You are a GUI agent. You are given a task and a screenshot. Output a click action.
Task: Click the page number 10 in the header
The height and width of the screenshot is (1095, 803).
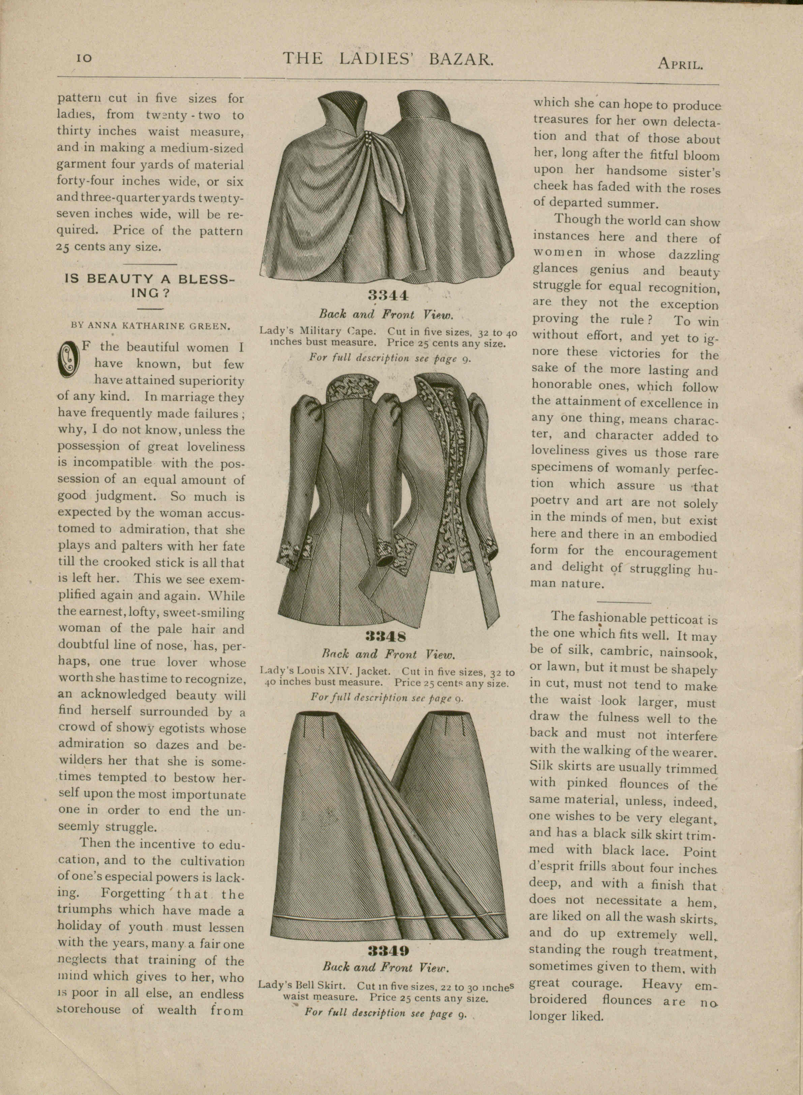pyautogui.click(x=84, y=58)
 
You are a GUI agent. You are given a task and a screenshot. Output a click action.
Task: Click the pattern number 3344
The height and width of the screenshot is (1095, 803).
pyautogui.click(x=388, y=295)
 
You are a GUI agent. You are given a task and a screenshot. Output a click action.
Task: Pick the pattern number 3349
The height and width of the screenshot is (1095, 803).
pyautogui.click(x=388, y=950)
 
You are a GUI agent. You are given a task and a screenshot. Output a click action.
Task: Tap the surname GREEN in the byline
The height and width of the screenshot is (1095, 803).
pyautogui.click(x=212, y=326)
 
